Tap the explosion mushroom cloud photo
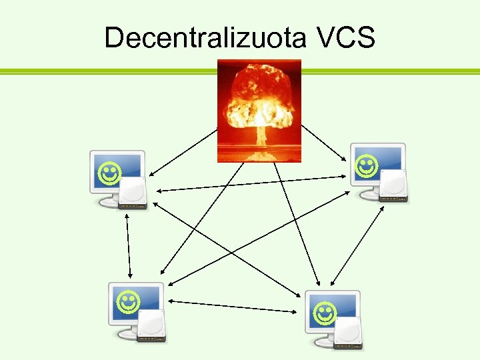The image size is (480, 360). click(x=259, y=110)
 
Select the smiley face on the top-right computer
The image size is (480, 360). click(x=366, y=166)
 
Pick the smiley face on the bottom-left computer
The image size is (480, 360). click(x=127, y=303)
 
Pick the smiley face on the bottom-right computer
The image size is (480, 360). click(x=324, y=311)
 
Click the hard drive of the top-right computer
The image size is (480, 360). click(x=393, y=186)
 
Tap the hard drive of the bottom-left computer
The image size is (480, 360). click(x=151, y=326)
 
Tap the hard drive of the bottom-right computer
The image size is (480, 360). click(x=349, y=333)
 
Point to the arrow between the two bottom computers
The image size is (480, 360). click(x=233, y=306)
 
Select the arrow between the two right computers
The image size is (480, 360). click(x=357, y=243)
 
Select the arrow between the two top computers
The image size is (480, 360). click(x=253, y=183)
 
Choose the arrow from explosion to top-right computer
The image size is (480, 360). click(x=324, y=143)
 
